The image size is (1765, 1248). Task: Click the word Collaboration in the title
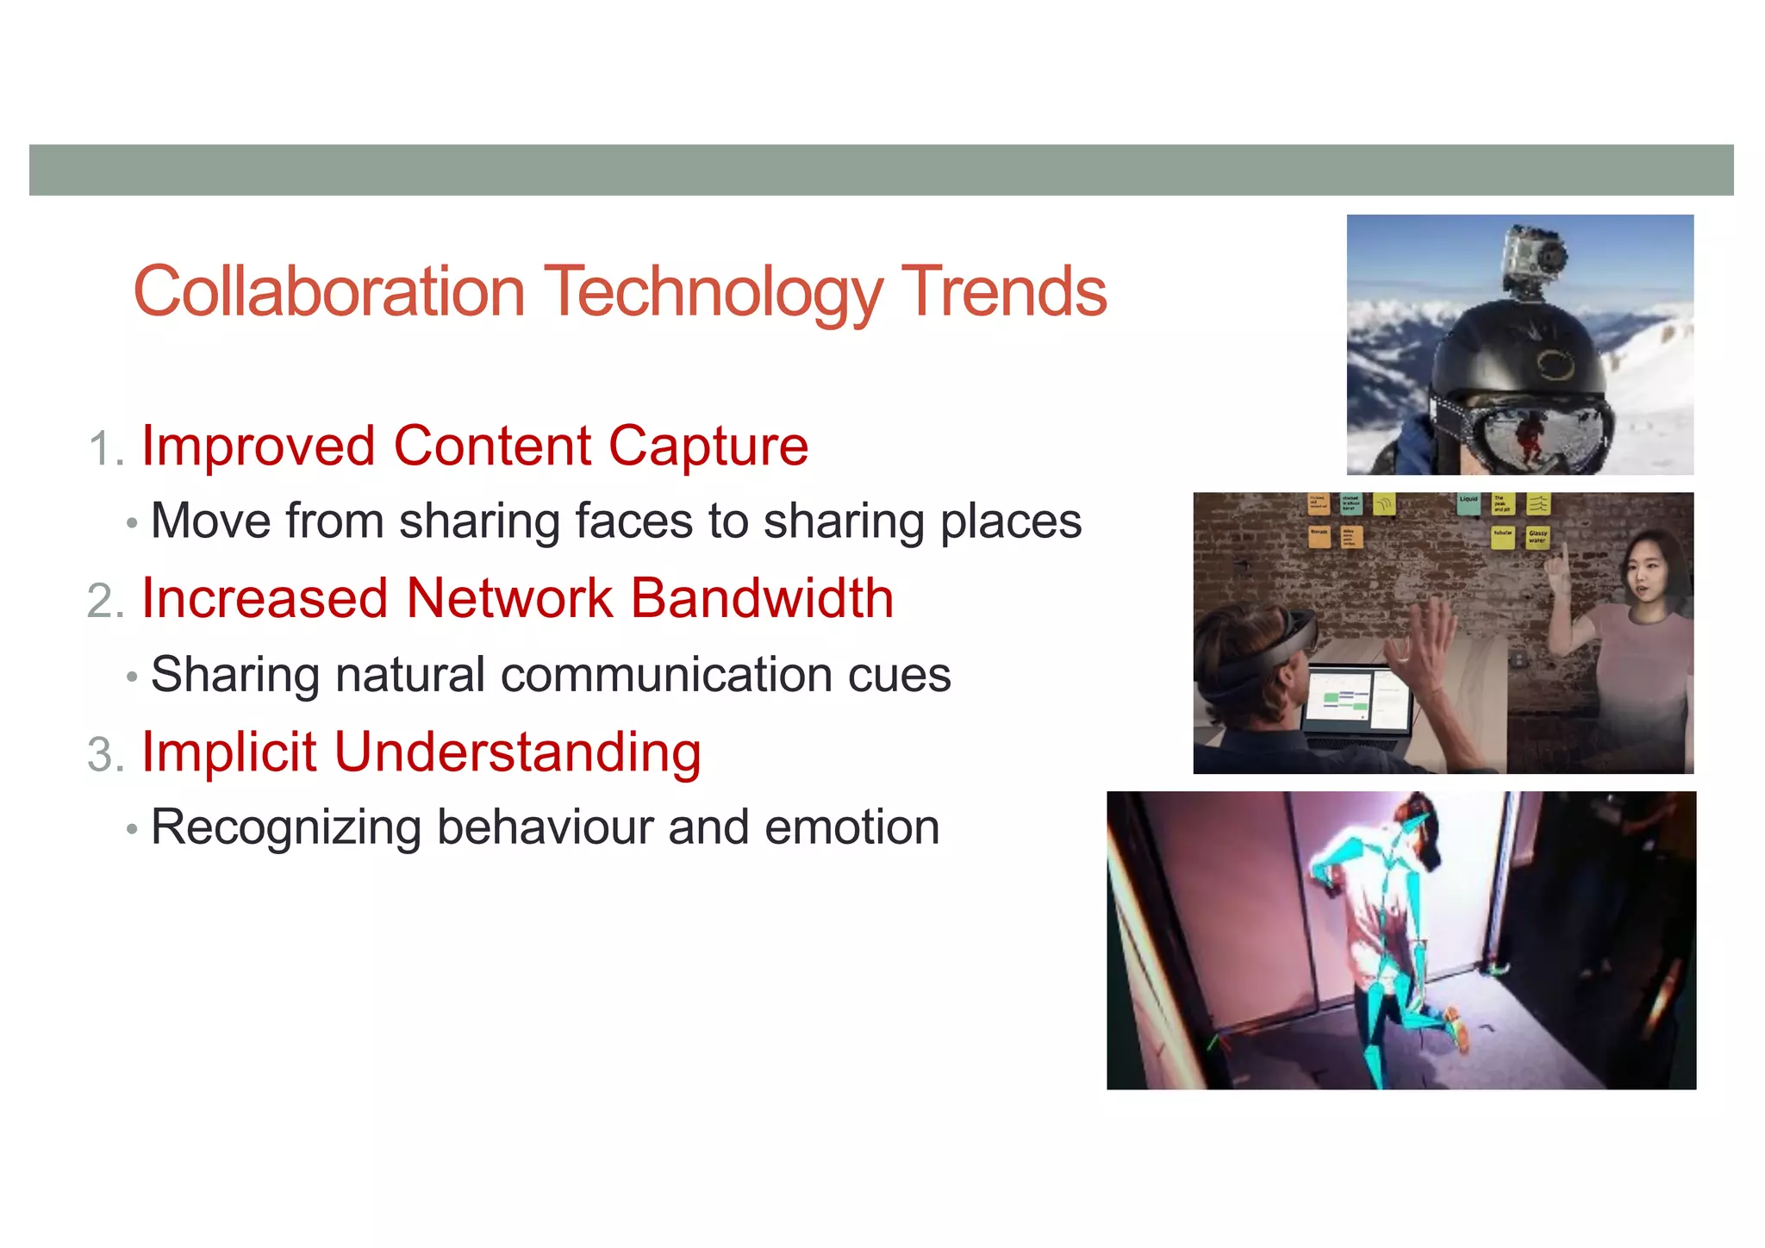click(x=329, y=291)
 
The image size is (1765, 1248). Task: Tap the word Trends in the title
click(x=1003, y=291)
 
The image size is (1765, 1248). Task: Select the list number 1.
click(x=103, y=450)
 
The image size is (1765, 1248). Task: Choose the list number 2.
click(x=104, y=602)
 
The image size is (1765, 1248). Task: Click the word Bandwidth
click(x=762, y=598)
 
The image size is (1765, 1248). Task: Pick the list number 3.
click(x=104, y=755)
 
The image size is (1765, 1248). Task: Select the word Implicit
click(x=229, y=752)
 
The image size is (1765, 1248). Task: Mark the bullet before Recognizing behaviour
click(x=131, y=829)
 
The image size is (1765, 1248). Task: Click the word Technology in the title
click(x=713, y=293)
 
